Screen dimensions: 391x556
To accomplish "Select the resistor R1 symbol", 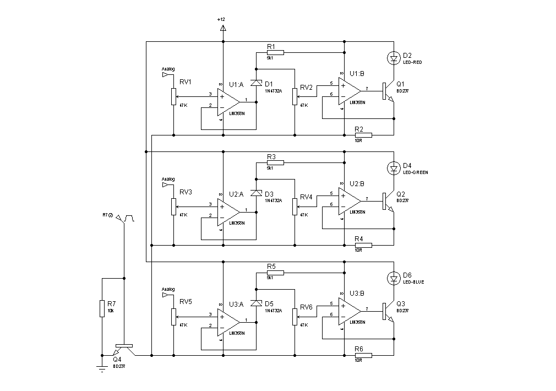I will coord(275,52).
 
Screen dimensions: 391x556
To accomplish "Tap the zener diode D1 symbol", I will coord(256,83).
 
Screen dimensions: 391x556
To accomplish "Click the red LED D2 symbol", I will coord(394,57).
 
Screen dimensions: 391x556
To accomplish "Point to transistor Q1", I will coord(387,91).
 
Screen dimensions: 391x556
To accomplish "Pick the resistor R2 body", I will coord(363,134).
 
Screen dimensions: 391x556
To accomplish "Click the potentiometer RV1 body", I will coord(173,97).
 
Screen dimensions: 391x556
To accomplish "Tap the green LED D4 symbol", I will coord(394,167).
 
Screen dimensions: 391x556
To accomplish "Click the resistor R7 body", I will coord(102,308).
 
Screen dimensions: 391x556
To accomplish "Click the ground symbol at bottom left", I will coord(102,368).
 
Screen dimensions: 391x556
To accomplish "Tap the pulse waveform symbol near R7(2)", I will coord(129,219).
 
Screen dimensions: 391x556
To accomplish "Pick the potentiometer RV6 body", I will coord(295,317).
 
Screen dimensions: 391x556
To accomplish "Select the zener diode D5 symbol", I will coord(256,303).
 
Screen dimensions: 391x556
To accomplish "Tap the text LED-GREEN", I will coord(416,172).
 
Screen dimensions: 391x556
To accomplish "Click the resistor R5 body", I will coord(275,273).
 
